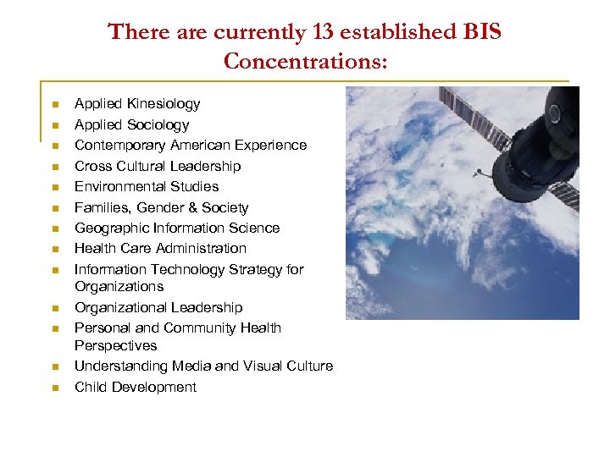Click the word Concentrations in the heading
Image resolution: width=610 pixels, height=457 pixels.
(x=304, y=61)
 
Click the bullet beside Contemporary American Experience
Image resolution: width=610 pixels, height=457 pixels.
(x=53, y=146)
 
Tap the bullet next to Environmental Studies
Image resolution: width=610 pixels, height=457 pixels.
(x=53, y=188)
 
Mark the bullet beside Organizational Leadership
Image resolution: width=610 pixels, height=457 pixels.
(x=53, y=309)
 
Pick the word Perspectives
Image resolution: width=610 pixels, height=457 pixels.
(x=115, y=345)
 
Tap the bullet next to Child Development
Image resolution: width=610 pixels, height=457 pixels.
(x=53, y=388)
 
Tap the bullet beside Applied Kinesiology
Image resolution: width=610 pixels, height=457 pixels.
(x=53, y=105)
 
